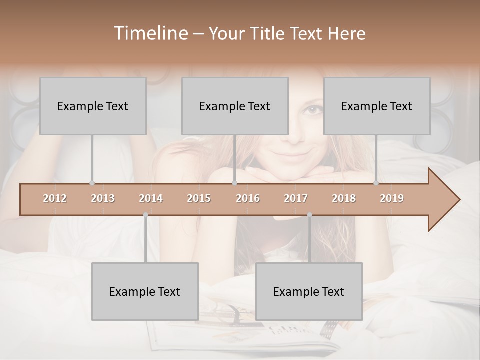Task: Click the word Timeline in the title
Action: (x=150, y=33)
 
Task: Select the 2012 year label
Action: (x=55, y=198)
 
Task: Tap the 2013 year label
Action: (x=103, y=198)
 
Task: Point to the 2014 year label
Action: (x=151, y=198)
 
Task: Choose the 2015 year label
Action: (x=199, y=198)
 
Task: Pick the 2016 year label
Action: (x=248, y=198)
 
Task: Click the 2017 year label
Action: (x=296, y=198)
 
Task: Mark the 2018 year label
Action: (x=344, y=198)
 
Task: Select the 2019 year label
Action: (x=392, y=198)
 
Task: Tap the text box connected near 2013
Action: (x=93, y=106)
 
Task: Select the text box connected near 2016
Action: (x=235, y=106)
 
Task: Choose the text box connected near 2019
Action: (x=377, y=106)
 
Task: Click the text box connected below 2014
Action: (x=145, y=291)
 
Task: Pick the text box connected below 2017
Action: (x=309, y=291)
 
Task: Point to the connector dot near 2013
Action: (x=92, y=183)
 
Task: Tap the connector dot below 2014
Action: (x=145, y=215)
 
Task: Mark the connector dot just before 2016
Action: (x=234, y=183)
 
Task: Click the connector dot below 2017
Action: (x=309, y=215)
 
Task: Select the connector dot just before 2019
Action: (x=376, y=183)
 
